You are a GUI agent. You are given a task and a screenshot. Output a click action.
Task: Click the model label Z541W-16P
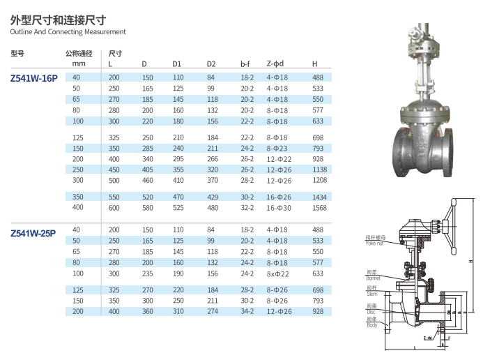(34, 78)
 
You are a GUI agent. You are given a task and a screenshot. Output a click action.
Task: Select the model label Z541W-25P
(33, 233)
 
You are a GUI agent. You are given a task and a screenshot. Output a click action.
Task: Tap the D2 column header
(211, 63)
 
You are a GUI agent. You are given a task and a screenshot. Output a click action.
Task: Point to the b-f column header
(245, 63)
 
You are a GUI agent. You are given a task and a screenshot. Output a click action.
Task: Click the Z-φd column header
(275, 63)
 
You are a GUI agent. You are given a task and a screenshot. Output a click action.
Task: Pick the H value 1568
(319, 208)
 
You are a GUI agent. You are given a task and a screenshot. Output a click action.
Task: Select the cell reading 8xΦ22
(277, 274)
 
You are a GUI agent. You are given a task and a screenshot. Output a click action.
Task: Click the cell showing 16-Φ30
(279, 208)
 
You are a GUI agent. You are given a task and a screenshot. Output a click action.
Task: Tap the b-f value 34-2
(247, 311)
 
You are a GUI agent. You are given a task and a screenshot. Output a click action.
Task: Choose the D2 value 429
(213, 197)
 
